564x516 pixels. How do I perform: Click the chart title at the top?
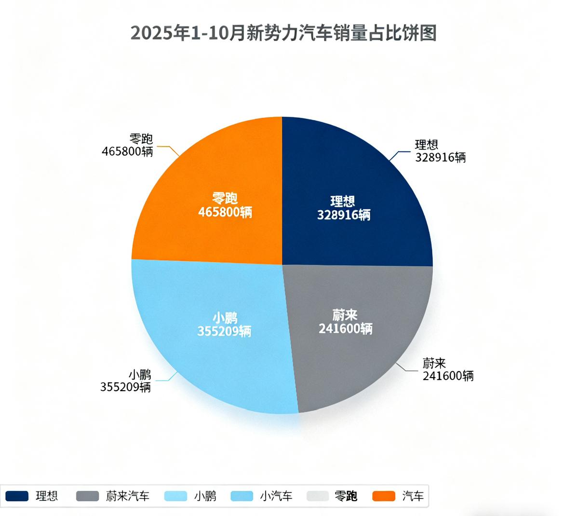[x=283, y=34]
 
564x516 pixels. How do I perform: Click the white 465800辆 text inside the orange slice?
[x=225, y=212]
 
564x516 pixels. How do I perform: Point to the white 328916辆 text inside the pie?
[x=344, y=215]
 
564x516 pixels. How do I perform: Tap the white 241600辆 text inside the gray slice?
[x=345, y=328]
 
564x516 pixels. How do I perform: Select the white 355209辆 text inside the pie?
[x=224, y=331]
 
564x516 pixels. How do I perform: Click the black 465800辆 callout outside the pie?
[x=127, y=151]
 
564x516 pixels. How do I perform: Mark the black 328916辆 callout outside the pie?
[x=441, y=157]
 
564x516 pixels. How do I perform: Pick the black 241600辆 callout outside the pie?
[x=448, y=375]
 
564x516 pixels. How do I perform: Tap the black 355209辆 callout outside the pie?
[x=125, y=387]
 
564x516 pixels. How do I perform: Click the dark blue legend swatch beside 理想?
[x=17, y=496]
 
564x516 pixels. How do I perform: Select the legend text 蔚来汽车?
[x=128, y=496]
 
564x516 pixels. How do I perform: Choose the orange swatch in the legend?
[x=384, y=496]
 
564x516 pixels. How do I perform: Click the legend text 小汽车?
[x=276, y=496]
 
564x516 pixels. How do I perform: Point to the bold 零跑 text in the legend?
[x=346, y=496]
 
